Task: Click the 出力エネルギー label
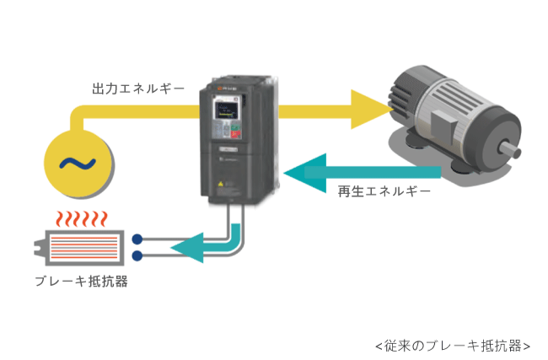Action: coord(138,89)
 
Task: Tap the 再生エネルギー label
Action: coord(384,191)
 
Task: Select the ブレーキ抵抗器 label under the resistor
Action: coord(81,281)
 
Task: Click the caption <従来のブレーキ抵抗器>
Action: coord(453,346)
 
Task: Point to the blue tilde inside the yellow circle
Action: coord(78,164)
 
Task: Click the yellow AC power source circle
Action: coord(78,164)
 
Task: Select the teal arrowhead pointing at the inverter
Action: coord(305,173)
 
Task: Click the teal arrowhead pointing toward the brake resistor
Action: coord(187,248)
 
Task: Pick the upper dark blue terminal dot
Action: coord(137,239)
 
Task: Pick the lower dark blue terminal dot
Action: coord(137,255)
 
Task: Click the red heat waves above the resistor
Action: coord(82,219)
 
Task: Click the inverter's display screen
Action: coord(224,109)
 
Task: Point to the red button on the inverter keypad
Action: coord(235,135)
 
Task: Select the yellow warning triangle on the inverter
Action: coord(221,184)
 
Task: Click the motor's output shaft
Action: coord(509,149)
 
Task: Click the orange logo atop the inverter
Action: coord(220,89)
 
